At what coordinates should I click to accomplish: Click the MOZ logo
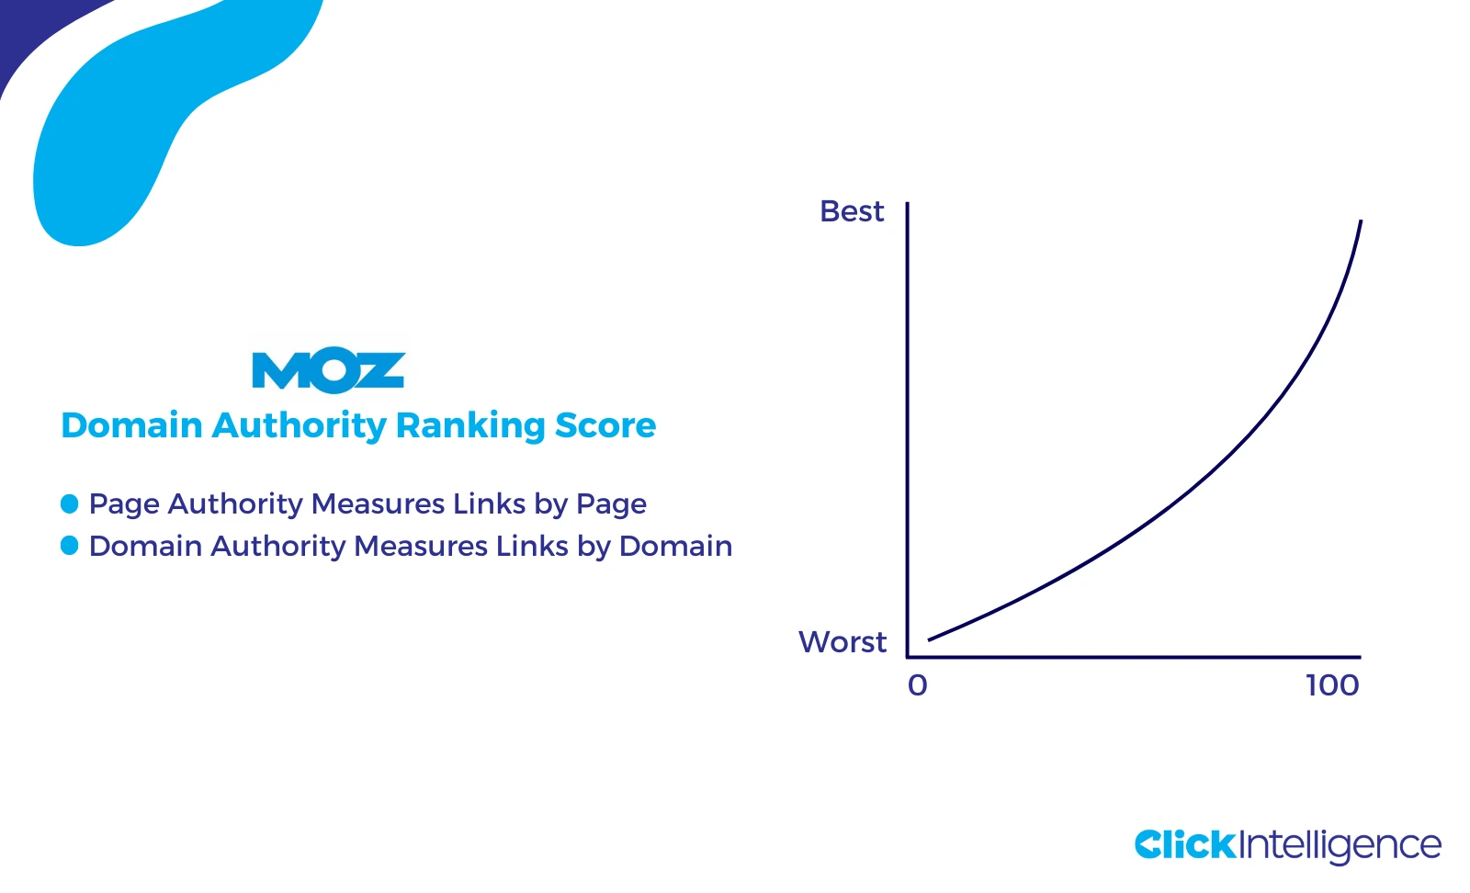(328, 370)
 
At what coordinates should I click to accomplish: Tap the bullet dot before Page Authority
(70, 503)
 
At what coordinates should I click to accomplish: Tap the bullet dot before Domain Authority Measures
(70, 546)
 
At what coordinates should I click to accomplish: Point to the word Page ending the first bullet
(611, 504)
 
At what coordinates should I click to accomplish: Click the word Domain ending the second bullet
(675, 546)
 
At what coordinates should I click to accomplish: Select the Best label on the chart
(852, 211)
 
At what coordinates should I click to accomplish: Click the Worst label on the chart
(842, 641)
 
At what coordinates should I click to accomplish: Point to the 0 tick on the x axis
(918, 685)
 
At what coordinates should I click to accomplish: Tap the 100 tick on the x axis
(1332, 685)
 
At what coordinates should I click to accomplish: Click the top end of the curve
(1360, 222)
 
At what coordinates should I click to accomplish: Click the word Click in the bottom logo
(1185, 844)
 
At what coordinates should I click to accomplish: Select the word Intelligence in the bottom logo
(1340, 846)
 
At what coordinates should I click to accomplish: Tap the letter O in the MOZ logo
(331, 371)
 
